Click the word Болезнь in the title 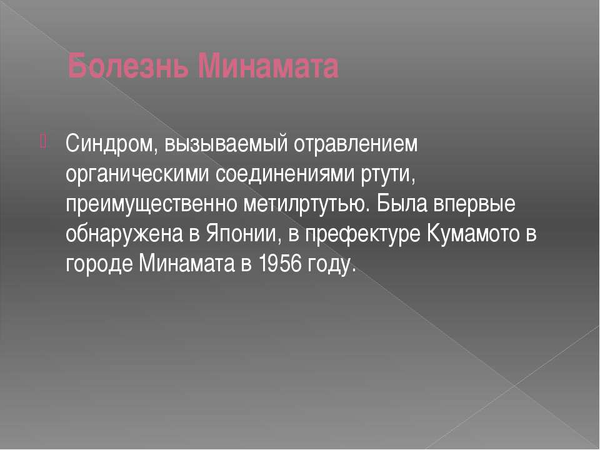(128, 66)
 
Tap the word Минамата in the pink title (268, 66)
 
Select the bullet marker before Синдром (42, 141)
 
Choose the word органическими (137, 175)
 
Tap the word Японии (241, 234)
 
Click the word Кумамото (472, 234)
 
